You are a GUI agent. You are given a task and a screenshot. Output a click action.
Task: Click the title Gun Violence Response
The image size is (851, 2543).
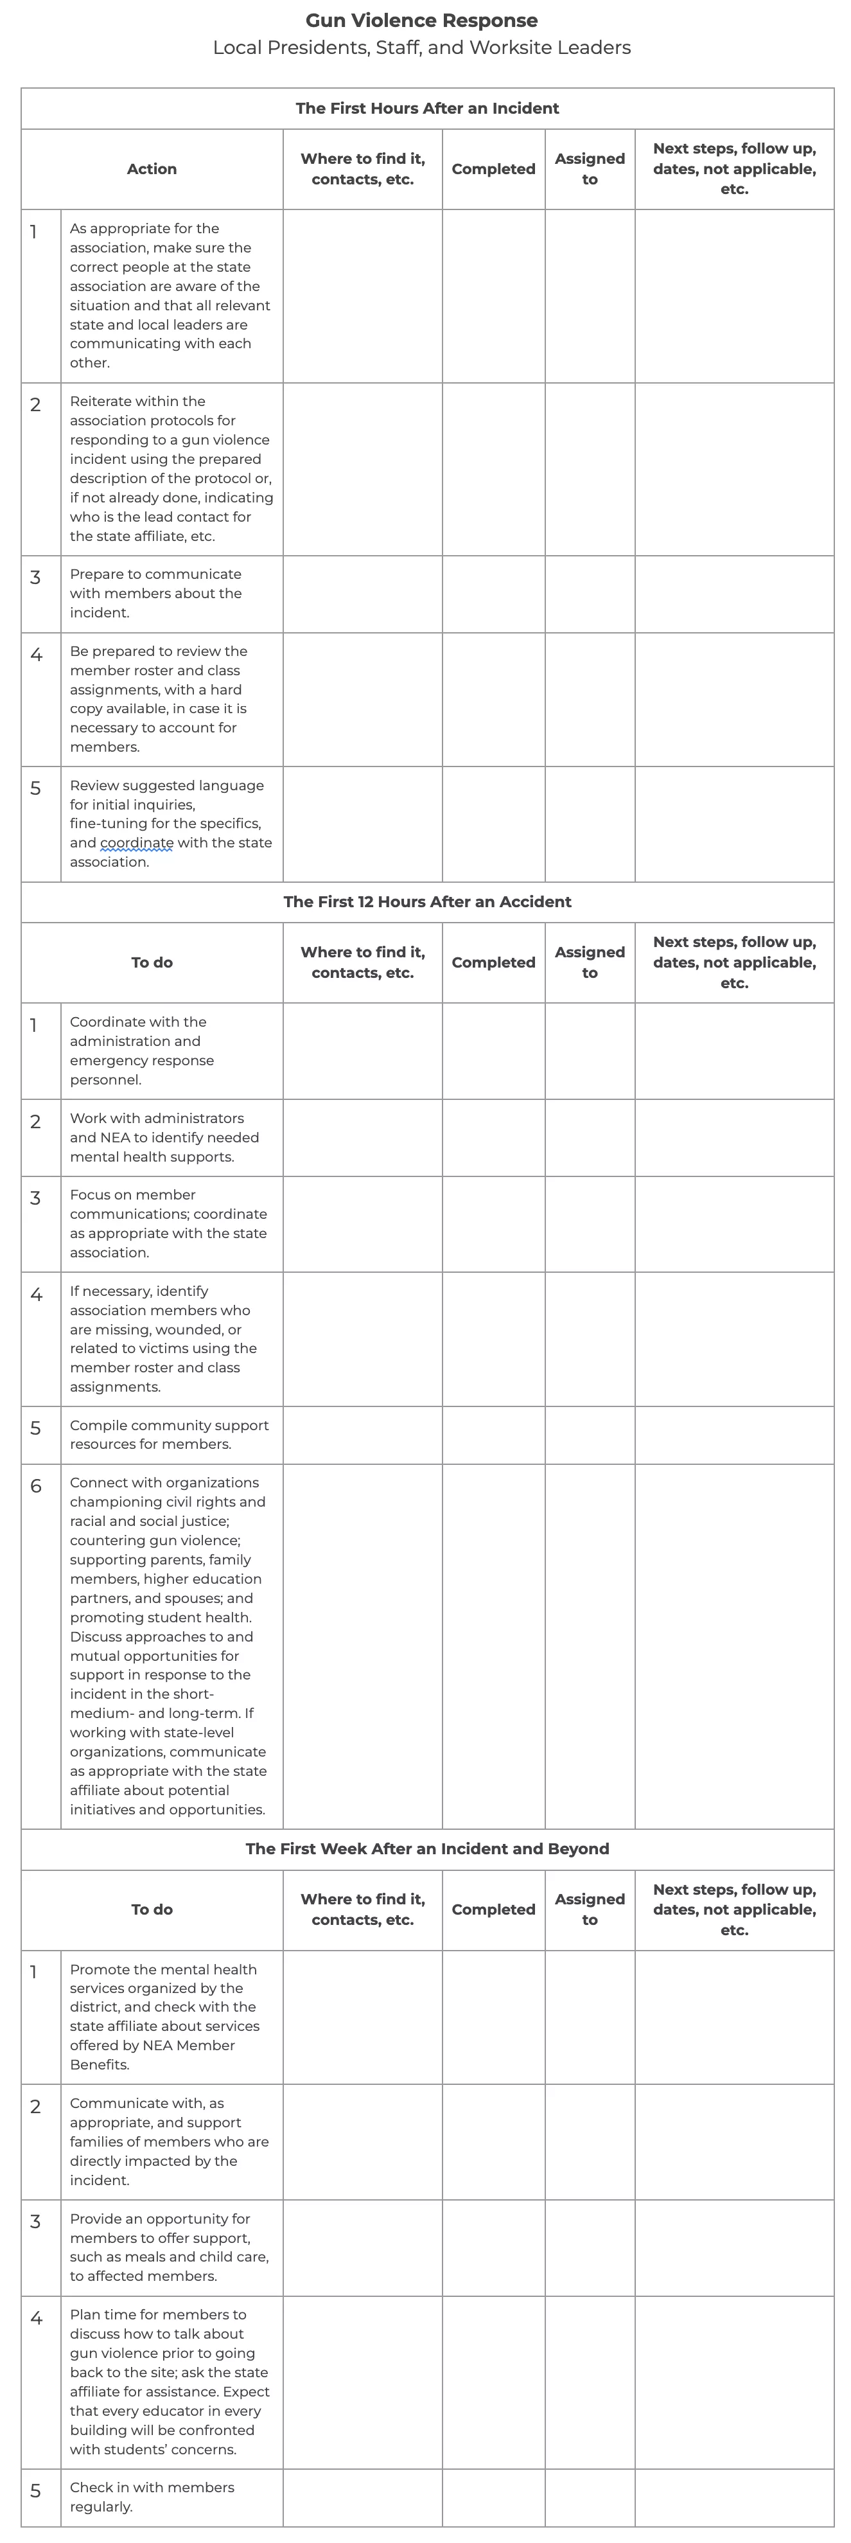[x=421, y=21]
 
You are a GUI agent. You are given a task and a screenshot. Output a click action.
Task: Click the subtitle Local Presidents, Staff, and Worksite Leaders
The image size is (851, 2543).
[x=421, y=48]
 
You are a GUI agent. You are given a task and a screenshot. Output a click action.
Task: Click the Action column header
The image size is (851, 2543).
[x=152, y=169]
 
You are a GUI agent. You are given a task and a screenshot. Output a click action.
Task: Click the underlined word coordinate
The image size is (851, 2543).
[x=136, y=843]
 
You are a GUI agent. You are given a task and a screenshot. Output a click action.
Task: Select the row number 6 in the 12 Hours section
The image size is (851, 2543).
[x=35, y=1485]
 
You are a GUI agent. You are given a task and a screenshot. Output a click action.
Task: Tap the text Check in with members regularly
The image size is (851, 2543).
[x=152, y=2497]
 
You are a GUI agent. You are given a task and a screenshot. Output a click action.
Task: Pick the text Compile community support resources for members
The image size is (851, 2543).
[x=169, y=1435]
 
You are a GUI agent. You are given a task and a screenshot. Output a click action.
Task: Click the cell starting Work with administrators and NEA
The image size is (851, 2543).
[x=164, y=1137]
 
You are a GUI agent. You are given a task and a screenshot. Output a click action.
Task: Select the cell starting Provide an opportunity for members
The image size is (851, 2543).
[x=169, y=2247]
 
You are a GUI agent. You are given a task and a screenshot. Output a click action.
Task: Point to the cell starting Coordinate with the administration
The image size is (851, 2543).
[x=141, y=1050]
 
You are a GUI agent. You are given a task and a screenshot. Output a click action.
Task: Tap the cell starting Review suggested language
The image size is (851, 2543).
[x=170, y=823]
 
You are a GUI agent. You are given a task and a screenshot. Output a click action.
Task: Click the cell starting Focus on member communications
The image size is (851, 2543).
[x=168, y=1223]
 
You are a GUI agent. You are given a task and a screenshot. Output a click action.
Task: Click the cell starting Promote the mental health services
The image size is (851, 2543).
[x=164, y=2017]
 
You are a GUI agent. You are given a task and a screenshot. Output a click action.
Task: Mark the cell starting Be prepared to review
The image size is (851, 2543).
[x=158, y=699]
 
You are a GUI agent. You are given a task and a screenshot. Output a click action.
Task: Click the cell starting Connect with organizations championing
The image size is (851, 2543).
[x=168, y=1645]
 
